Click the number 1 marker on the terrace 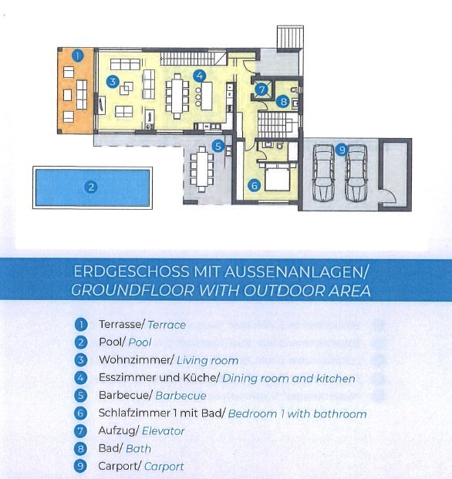(78, 56)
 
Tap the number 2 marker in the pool (91, 187)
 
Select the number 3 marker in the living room (113, 82)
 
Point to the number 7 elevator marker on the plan (261, 89)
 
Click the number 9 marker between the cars (342, 150)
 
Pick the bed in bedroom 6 (277, 177)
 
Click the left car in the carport (324, 174)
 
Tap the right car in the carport (356, 174)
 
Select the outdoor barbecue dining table (202, 169)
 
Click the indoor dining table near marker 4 (177, 96)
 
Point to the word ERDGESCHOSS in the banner (131, 272)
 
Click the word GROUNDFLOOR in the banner (133, 290)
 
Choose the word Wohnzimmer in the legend (135, 360)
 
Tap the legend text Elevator (163, 431)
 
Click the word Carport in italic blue (164, 467)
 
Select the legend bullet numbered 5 (81, 395)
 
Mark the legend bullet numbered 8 (81, 449)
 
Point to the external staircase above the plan (290, 37)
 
